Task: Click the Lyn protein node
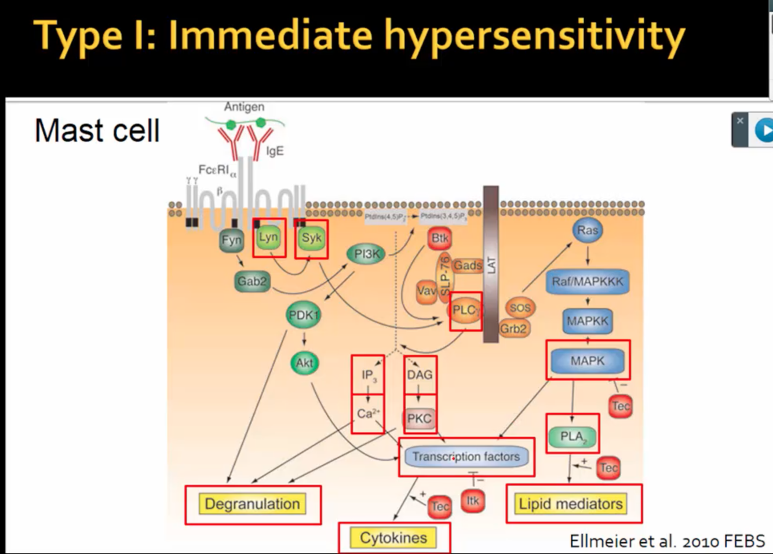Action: (x=268, y=238)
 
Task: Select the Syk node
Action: (x=311, y=238)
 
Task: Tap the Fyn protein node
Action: (x=231, y=240)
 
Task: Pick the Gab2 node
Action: (x=252, y=282)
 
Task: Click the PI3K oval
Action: (x=366, y=254)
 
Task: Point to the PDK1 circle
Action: (x=304, y=315)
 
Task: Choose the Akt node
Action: (x=304, y=363)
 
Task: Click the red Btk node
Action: (x=440, y=238)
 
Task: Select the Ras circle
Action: (x=587, y=231)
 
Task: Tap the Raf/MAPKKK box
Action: (x=587, y=282)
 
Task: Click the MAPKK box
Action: (x=587, y=321)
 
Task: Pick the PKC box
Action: (x=419, y=419)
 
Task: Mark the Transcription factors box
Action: (x=466, y=457)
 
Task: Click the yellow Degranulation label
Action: (x=253, y=504)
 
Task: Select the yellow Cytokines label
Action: (x=393, y=538)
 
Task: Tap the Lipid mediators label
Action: (x=571, y=504)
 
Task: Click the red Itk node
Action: (x=473, y=501)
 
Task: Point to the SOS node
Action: (x=520, y=308)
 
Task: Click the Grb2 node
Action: (x=513, y=329)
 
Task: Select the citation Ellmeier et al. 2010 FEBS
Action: (x=667, y=541)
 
